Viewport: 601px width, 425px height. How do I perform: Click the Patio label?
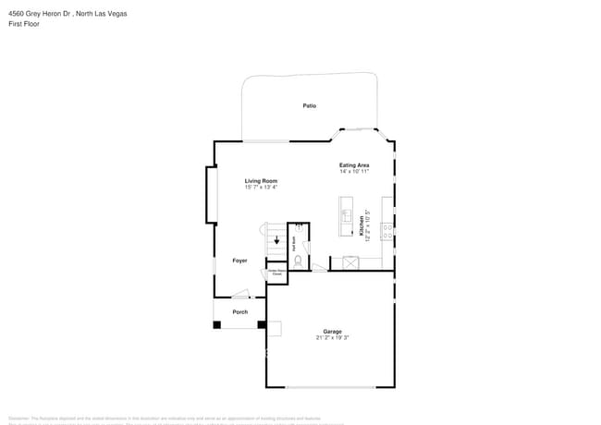coord(310,106)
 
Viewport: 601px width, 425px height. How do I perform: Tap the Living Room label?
coord(261,180)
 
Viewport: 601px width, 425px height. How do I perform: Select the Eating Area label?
coord(354,164)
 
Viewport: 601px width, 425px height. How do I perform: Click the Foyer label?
coord(239,261)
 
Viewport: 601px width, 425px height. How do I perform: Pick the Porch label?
coord(239,311)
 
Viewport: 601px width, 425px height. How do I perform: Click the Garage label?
coord(332,331)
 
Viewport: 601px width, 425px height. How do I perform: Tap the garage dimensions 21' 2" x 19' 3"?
coord(332,337)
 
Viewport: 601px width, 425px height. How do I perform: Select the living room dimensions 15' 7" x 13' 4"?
coord(261,187)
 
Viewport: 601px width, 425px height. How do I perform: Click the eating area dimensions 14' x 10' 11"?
coord(354,171)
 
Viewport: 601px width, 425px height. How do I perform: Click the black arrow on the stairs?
coord(276,241)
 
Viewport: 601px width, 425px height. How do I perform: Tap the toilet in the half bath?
coord(298,261)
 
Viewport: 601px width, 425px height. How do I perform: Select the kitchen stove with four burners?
coord(389,230)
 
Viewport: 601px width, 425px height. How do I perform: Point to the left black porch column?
coord(217,324)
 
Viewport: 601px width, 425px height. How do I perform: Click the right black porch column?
coord(262,324)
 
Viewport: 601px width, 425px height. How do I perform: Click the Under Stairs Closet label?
coord(276,273)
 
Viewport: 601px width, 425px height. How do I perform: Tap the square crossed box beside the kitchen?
coord(350,263)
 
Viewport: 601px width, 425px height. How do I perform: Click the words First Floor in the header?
coord(24,24)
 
